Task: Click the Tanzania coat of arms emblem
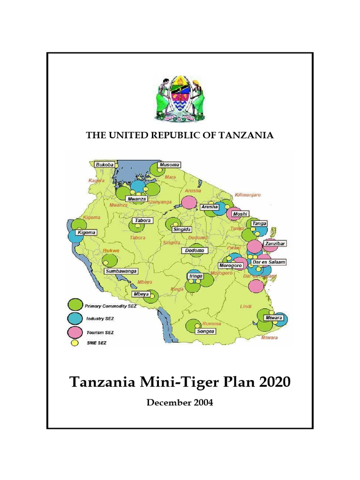coord(180,100)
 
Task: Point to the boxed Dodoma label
coord(194,251)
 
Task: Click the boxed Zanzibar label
coord(275,244)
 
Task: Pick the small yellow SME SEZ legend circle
coord(74,343)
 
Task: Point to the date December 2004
coord(180,403)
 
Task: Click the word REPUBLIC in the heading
coord(176,135)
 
